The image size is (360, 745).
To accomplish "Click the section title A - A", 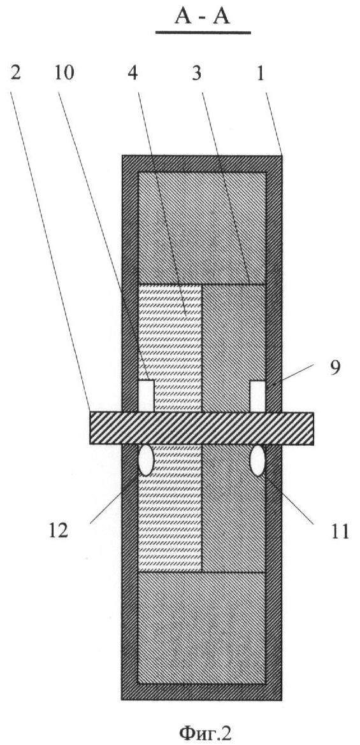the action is coord(203,17).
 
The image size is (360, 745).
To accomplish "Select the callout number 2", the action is coord(15,74).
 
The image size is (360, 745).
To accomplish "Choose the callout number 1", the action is coord(260,74).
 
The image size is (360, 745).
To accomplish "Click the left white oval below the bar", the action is coord(145,460).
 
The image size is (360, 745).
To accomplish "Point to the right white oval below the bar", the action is coord(258,460).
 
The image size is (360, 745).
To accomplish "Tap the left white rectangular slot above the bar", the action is coord(146,396).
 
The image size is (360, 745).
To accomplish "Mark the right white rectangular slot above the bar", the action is coord(258,396).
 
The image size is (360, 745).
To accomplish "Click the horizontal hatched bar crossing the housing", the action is coord(201,428).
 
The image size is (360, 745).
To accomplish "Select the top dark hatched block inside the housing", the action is coord(201,228).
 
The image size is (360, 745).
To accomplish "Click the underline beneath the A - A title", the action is coord(203,32).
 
